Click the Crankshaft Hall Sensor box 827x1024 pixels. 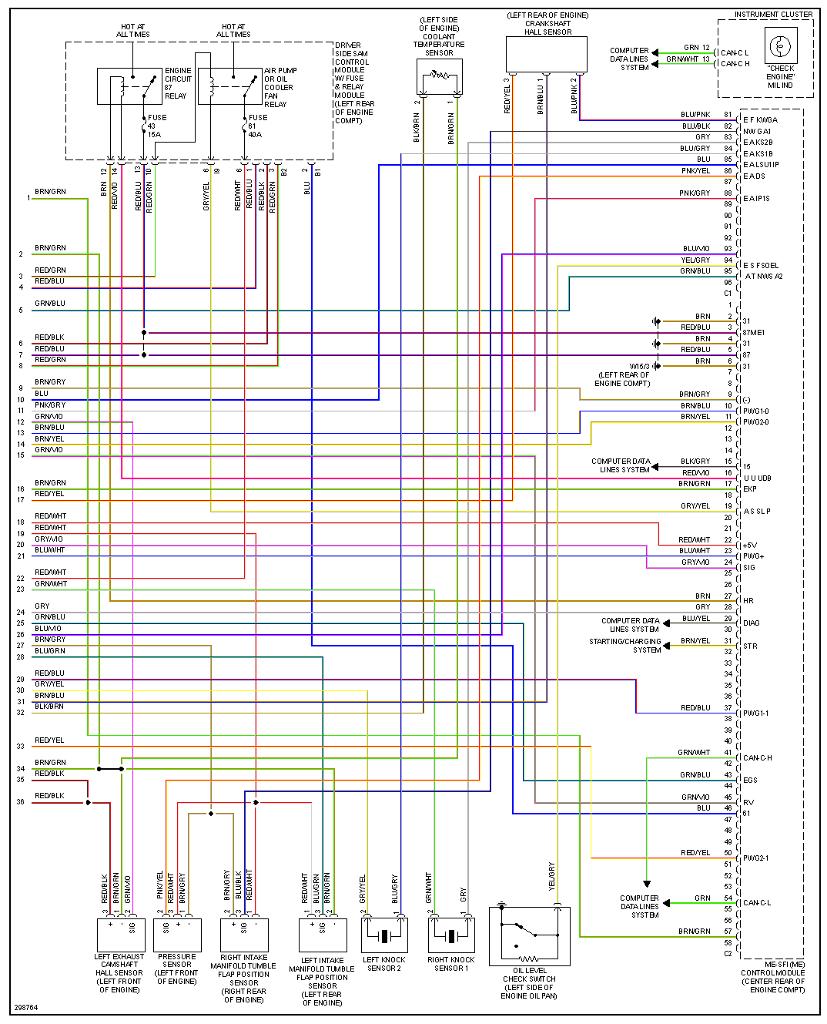tap(547, 54)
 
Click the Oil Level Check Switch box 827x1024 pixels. tap(530, 935)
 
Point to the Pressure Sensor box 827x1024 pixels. tap(177, 935)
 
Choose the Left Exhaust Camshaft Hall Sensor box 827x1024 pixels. tap(119, 935)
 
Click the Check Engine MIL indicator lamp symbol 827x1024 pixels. tap(780, 46)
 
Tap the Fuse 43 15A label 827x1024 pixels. tap(156, 126)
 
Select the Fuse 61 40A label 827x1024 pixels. tap(257, 126)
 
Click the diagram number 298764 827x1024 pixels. tap(25, 1008)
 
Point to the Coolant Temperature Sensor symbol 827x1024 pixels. tap(439, 76)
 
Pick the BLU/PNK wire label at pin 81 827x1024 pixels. tap(695, 115)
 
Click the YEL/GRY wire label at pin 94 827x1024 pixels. tap(695, 260)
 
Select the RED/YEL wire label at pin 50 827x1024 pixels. tap(695, 853)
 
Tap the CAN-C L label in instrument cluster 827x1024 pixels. tap(735, 53)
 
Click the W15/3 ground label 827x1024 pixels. tap(640, 367)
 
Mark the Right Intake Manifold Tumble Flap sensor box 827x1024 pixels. tap(244, 935)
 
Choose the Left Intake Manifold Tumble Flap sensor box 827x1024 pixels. tap(322, 935)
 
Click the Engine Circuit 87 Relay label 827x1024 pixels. tap(178, 83)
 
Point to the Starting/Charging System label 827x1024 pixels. tap(625, 646)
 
